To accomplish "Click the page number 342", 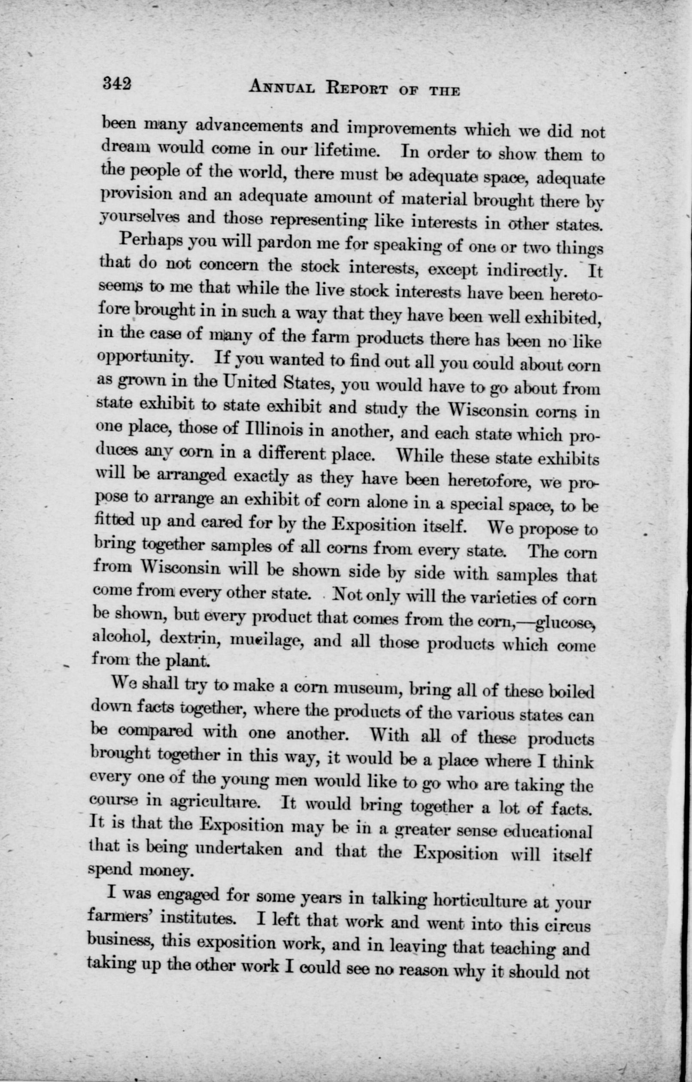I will pyautogui.click(x=116, y=85).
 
